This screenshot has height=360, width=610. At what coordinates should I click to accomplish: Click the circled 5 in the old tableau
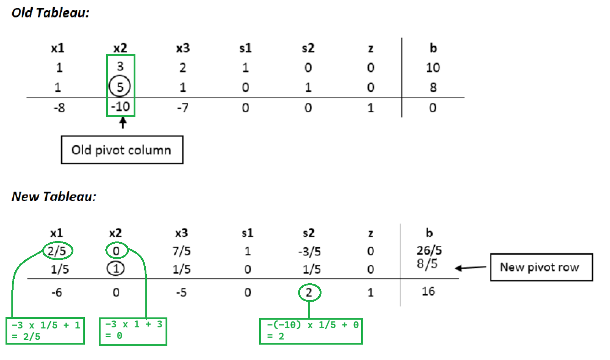[x=120, y=87]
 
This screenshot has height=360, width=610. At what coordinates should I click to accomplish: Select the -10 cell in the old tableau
[x=120, y=107]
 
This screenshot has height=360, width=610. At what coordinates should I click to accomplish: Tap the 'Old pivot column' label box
[x=122, y=150]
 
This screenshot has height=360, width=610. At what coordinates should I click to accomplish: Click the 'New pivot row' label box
[x=541, y=267]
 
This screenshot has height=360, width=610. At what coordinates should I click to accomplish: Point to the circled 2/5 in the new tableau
[x=58, y=251]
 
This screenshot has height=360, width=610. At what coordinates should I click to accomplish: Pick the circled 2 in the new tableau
[x=309, y=292]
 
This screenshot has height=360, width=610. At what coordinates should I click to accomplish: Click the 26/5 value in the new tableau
[x=429, y=250]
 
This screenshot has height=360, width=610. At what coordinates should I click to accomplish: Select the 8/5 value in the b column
[x=427, y=263]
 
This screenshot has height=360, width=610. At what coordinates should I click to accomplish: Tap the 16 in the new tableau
[x=428, y=291]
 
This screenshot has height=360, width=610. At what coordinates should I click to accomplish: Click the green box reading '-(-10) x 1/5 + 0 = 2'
[x=311, y=331]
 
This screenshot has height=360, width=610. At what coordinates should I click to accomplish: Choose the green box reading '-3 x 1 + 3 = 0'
[x=133, y=331]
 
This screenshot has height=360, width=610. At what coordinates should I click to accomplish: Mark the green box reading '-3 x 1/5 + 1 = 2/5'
[x=45, y=331]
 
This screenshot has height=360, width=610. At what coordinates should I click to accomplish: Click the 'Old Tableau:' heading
[x=50, y=13]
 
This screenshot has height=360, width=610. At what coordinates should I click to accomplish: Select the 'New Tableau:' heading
[x=54, y=197]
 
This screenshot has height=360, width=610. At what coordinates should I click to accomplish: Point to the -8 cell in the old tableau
[x=59, y=108]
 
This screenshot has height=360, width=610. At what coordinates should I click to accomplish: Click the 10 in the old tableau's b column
[x=433, y=68]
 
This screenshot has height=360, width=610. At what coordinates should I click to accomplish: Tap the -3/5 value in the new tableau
[x=309, y=252]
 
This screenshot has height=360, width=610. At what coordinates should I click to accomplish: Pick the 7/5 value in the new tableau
[x=181, y=251]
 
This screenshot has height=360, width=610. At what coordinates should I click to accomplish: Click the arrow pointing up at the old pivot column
[x=123, y=123]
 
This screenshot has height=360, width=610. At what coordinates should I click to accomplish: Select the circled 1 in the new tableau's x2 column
[x=116, y=269]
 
